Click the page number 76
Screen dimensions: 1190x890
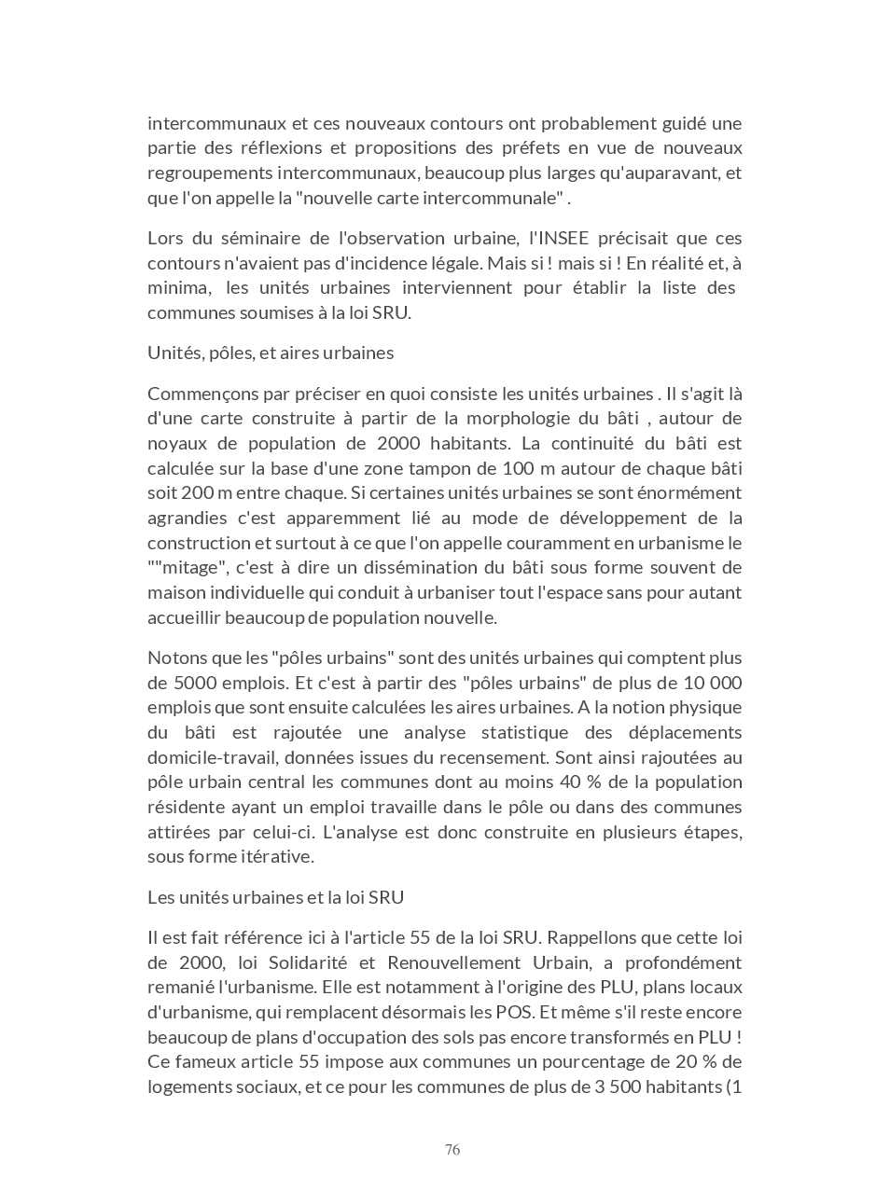coord(452,1150)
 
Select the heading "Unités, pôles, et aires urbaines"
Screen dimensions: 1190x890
coord(271,353)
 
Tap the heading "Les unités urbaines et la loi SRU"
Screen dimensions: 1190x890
coord(275,897)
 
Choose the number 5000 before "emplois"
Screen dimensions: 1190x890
coord(170,683)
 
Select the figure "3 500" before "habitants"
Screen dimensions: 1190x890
coord(618,1086)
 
